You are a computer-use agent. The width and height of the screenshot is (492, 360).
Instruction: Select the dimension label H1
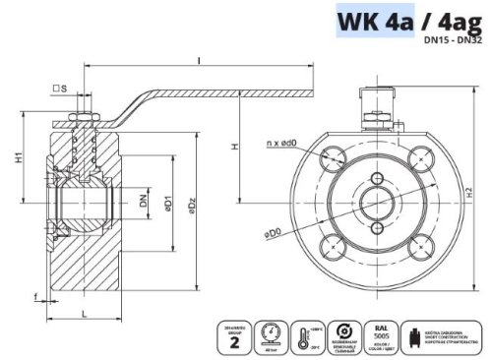(18, 157)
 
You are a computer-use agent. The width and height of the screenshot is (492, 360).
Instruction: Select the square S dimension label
(60, 91)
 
